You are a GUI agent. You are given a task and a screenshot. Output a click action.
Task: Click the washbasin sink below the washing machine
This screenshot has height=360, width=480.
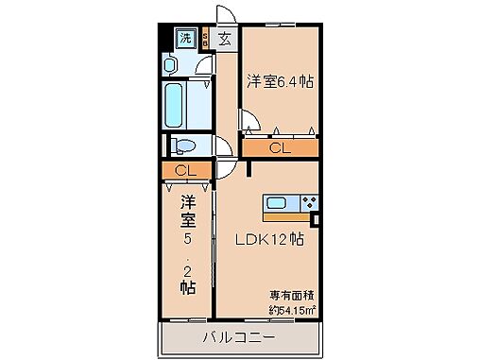click(x=170, y=63)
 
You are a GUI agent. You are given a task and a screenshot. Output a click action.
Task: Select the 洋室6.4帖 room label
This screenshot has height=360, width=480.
click(x=280, y=82)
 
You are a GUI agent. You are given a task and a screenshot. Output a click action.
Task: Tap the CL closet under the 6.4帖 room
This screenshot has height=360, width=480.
click(x=280, y=147)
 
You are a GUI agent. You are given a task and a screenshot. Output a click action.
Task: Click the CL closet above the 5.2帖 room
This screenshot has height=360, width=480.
click(x=186, y=170)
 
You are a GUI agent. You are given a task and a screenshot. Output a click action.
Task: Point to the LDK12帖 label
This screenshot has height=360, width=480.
click(x=269, y=239)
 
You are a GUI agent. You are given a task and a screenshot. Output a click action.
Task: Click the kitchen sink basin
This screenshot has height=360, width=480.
click(x=281, y=202)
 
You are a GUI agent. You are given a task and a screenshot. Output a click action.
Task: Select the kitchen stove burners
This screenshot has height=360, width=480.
click(x=311, y=202)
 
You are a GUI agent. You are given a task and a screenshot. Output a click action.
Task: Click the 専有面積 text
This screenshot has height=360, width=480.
click(x=289, y=294)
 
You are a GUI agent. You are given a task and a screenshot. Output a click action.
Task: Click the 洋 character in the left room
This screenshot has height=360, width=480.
click(x=187, y=201)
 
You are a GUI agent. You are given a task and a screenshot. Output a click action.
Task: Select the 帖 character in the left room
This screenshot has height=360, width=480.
click(x=188, y=285)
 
